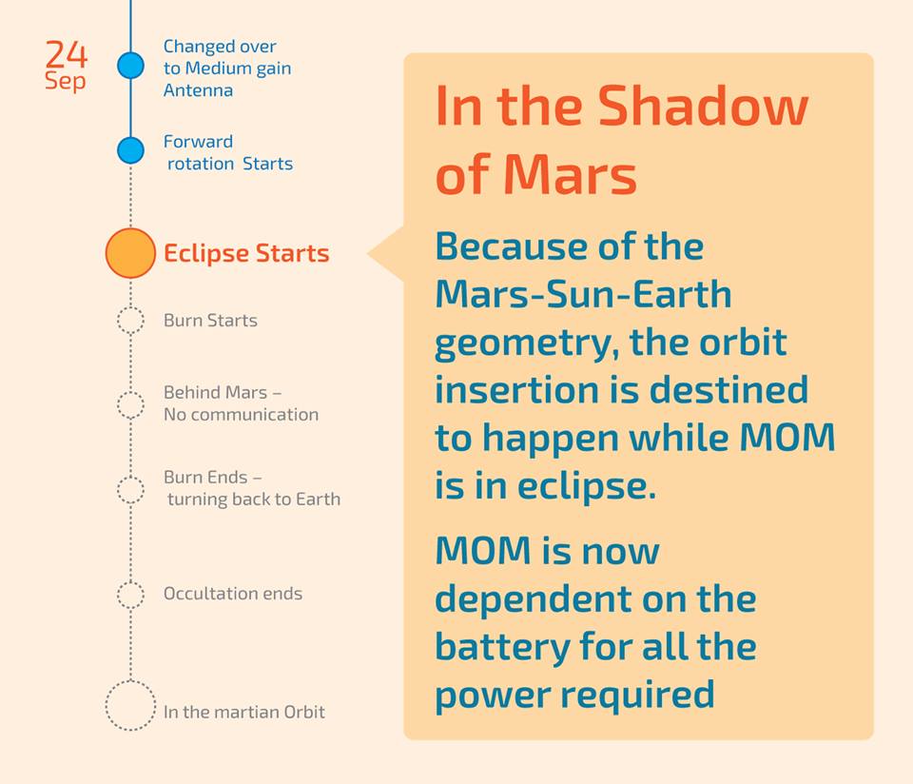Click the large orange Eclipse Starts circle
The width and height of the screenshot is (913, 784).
tap(130, 253)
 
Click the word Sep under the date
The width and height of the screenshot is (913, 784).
tap(65, 82)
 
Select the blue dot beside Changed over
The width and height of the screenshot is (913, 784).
tap(130, 66)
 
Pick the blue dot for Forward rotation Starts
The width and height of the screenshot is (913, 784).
tap(130, 150)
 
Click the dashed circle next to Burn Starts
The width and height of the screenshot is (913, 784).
tap(130, 321)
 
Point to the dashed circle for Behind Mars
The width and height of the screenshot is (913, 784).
tap(130, 403)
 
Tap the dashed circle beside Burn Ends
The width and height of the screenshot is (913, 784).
tap(130, 489)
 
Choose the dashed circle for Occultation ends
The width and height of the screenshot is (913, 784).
tap(130, 595)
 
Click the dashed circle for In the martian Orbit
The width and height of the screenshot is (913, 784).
tap(130, 706)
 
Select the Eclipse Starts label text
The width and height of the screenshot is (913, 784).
tap(246, 254)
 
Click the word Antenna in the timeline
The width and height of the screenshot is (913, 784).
tap(198, 90)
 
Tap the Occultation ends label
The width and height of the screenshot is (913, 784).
tap(233, 594)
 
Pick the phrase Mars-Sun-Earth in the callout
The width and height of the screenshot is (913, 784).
tap(583, 294)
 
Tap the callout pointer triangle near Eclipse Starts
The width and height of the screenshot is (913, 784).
tap(385, 254)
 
